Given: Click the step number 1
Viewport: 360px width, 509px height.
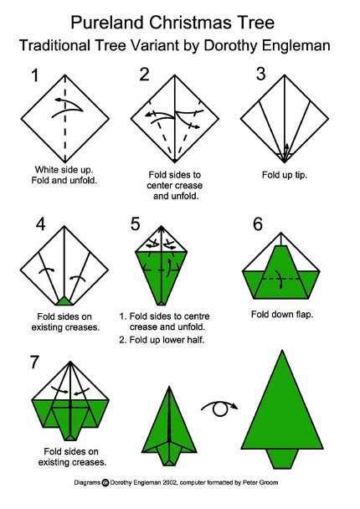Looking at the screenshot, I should (34, 76).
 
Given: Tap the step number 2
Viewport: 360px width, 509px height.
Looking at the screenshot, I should (144, 75).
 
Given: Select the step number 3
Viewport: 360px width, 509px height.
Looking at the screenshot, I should (260, 74).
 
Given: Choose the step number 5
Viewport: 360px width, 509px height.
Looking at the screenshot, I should (135, 224).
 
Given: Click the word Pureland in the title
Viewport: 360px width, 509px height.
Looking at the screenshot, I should (113, 19).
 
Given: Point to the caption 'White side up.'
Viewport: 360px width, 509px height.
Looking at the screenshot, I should (64, 168).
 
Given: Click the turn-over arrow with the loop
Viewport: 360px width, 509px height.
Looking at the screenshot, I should (220, 408).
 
